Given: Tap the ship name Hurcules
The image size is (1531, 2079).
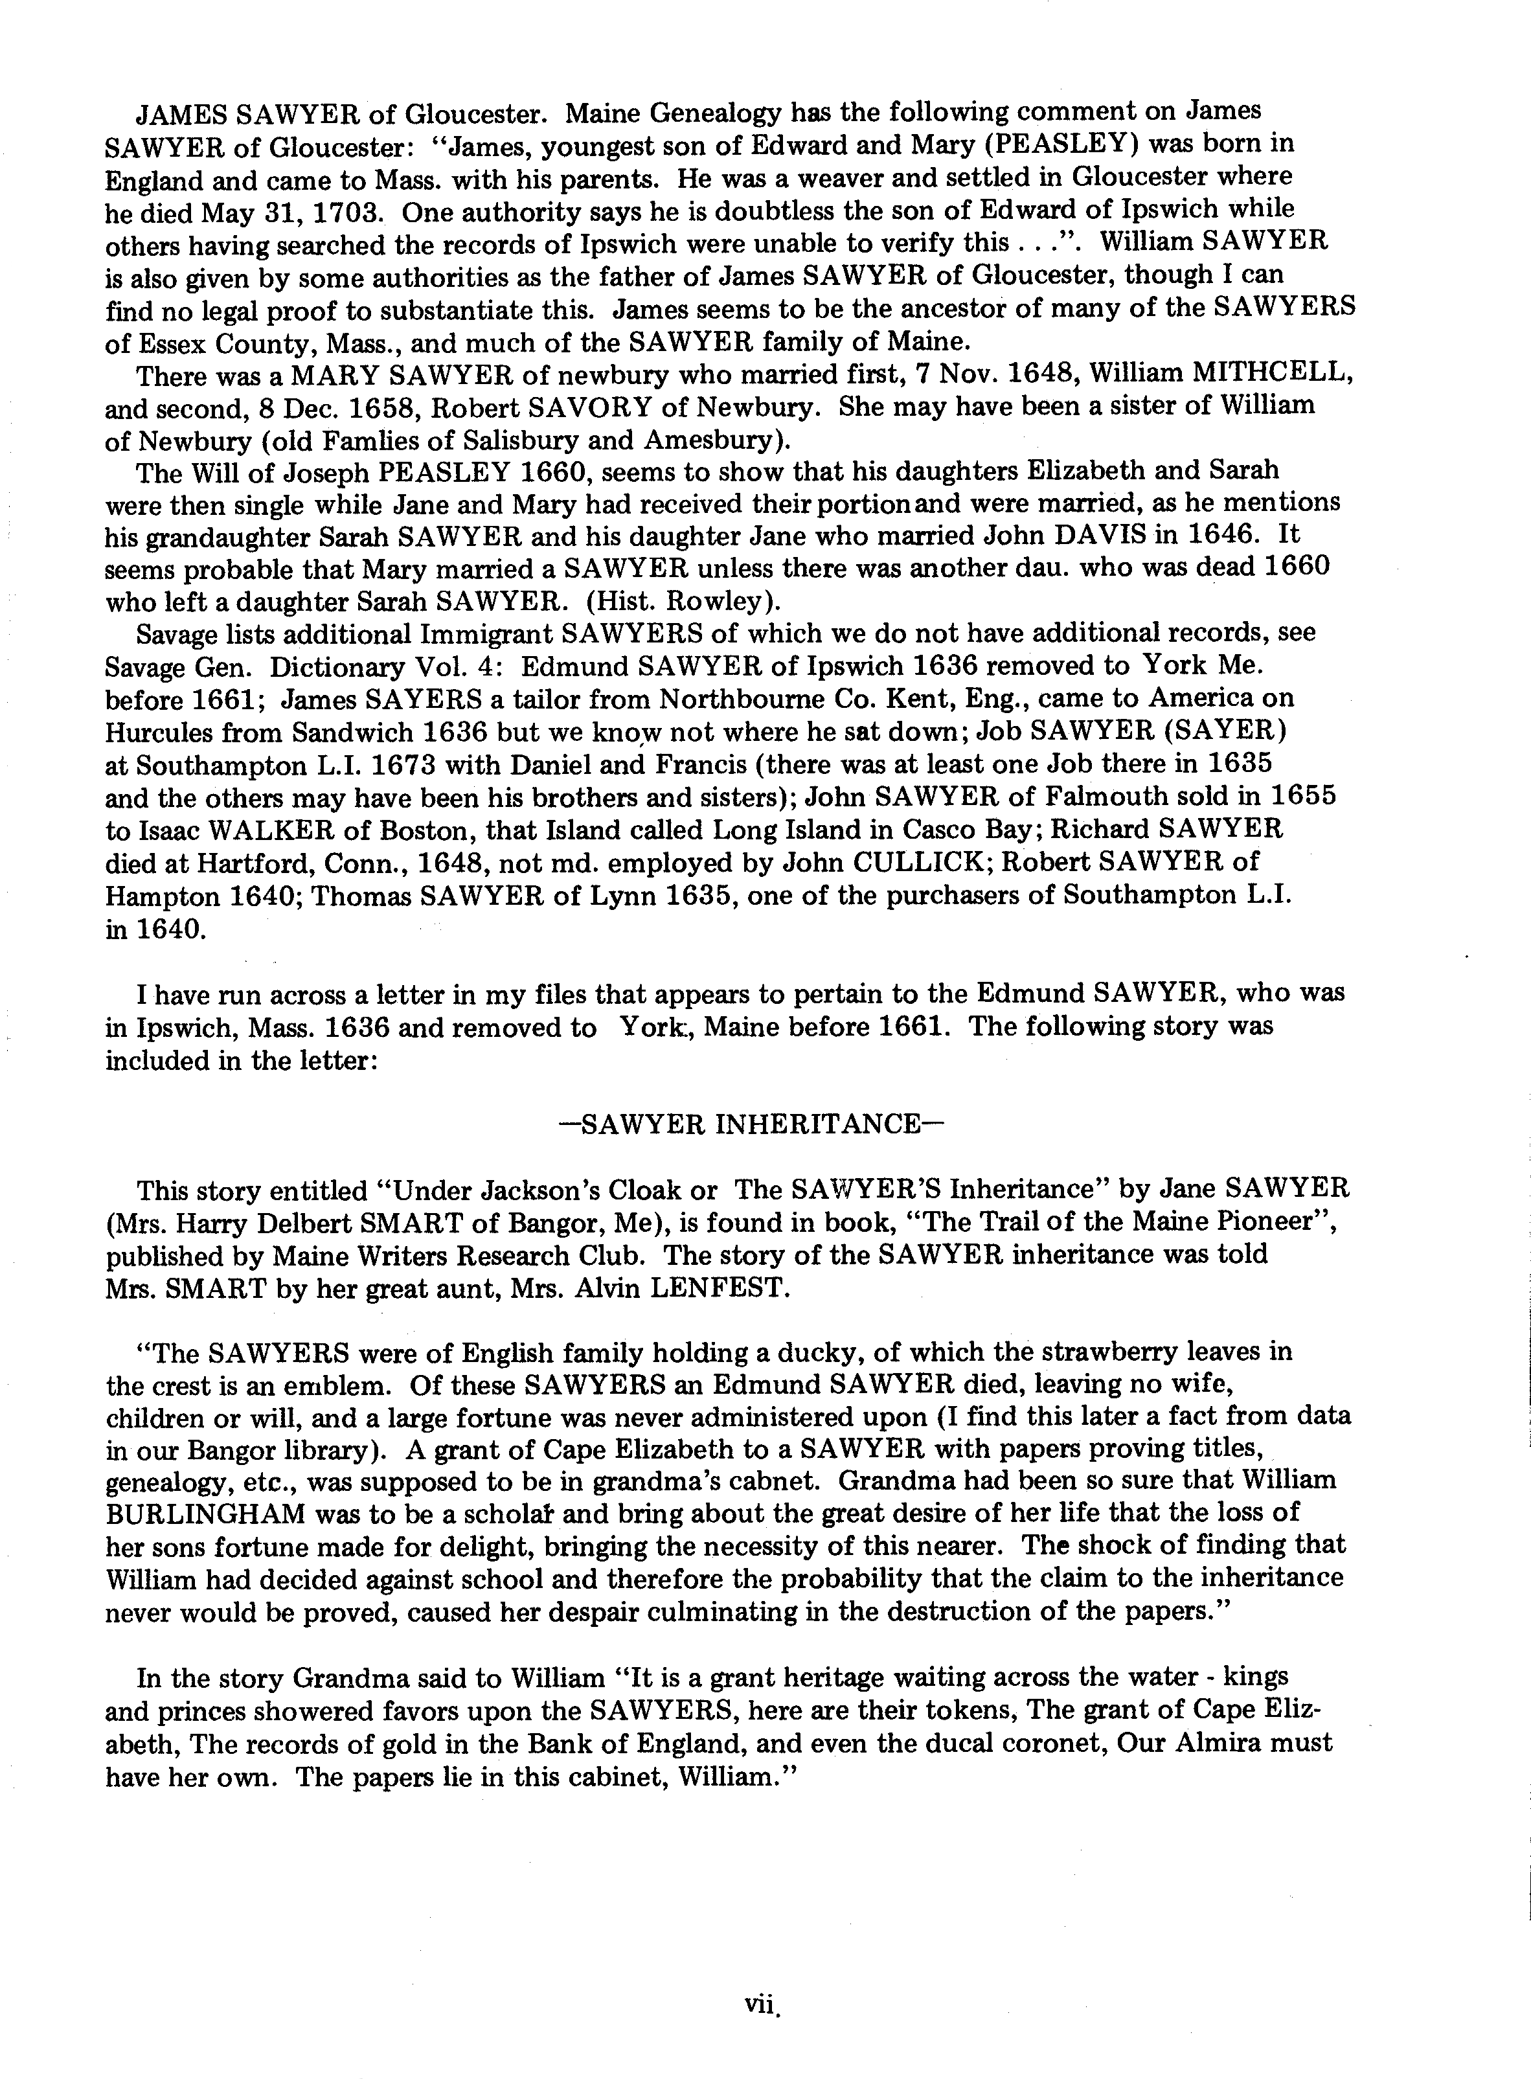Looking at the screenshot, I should pos(157,733).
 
